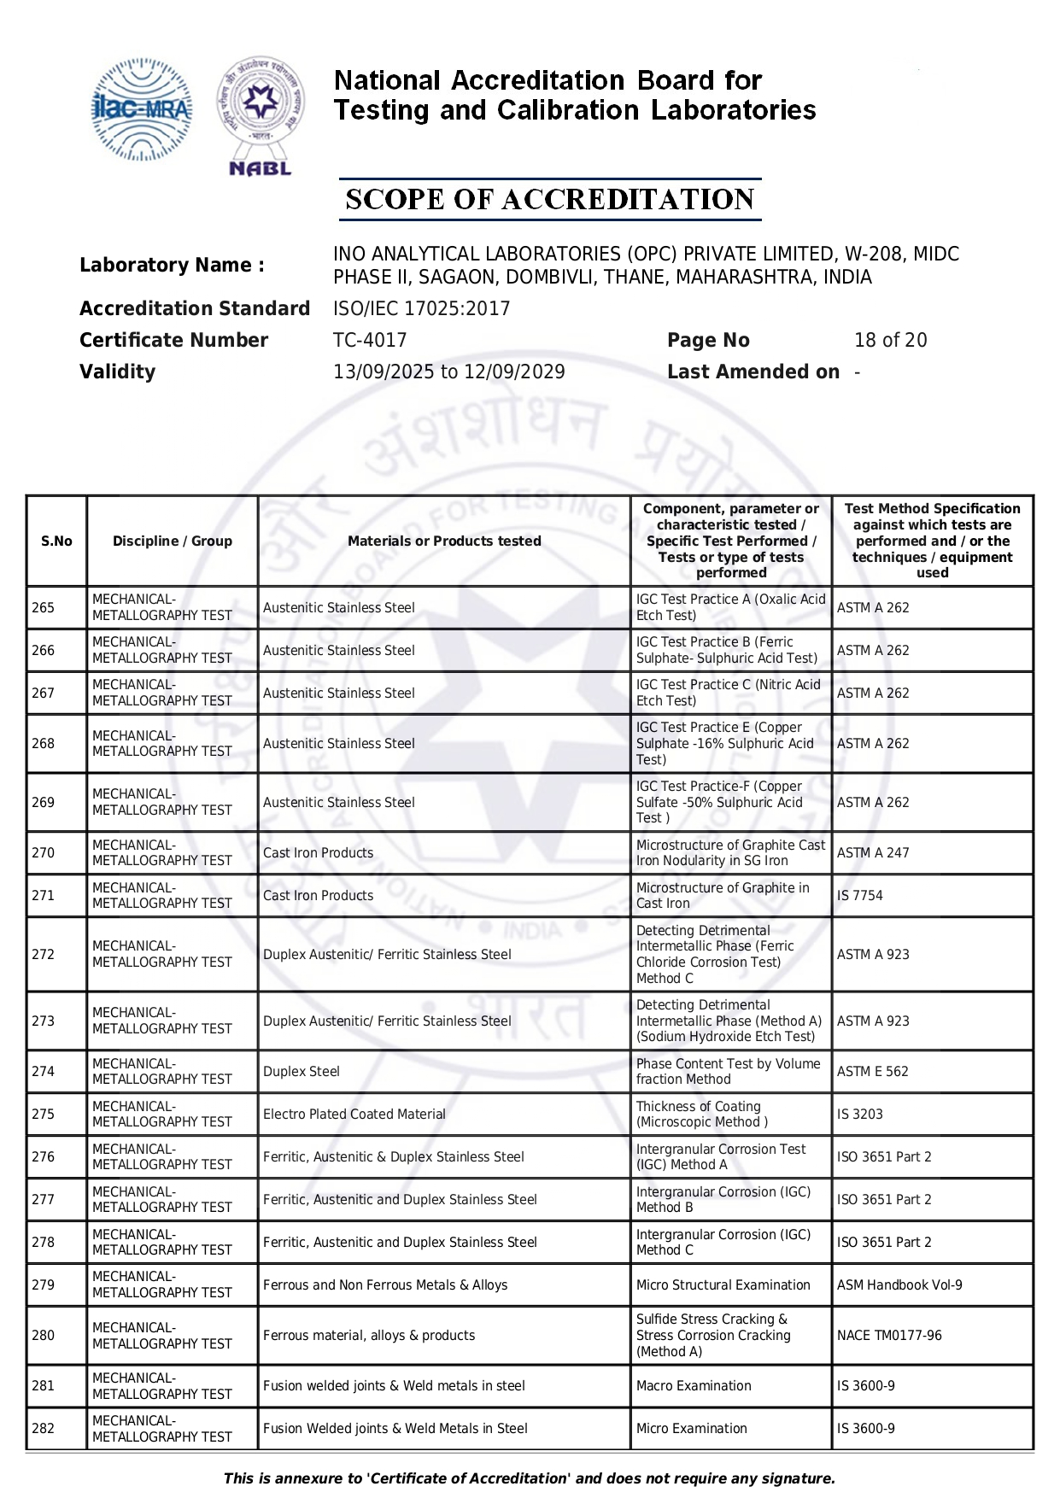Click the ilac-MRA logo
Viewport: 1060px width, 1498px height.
click(142, 109)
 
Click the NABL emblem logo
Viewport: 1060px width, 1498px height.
click(261, 115)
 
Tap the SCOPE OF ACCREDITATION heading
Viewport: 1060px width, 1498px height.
click(549, 200)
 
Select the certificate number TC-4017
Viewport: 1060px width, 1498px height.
click(370, 341)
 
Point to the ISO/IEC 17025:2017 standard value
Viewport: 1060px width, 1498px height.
click(421, 309)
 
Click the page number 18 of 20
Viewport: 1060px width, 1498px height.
click(890, 341)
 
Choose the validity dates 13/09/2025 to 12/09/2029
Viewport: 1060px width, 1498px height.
click(448, 372)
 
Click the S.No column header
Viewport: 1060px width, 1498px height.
click(56, 541)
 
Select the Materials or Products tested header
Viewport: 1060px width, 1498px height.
click(444, 541)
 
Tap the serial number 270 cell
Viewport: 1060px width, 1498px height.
click(44, 853)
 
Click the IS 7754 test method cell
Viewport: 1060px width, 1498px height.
click(860, 896)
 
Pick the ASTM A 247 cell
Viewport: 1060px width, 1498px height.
click(873, 853)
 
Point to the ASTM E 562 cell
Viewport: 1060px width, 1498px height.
click(873, 1072)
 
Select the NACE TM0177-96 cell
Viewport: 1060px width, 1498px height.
click(889, 1336)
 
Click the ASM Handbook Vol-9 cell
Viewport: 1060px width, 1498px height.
click(899, 1285)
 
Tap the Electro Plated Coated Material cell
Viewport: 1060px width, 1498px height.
click(354, 1115)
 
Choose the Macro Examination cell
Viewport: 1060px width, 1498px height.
click(694, 1386)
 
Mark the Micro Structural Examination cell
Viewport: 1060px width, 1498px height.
click(723, 1285)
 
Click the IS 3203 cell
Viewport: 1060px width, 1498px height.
click(860, 1115)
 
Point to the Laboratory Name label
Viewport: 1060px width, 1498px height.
click(172, 266)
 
